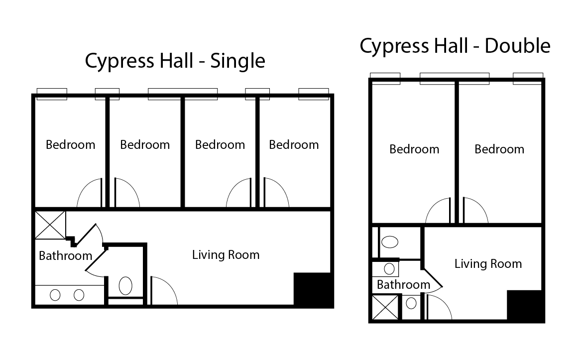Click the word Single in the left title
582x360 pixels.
(237, 61)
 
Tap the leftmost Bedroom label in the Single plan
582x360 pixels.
(70, 145)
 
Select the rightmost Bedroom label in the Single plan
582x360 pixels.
(294, 145)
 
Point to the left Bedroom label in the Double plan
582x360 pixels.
(414, 149)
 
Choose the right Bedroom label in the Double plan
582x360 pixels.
(499, 149)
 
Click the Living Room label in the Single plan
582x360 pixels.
(226, 255)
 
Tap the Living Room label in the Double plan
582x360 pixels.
(488, 264)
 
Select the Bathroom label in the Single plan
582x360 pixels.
(65, 256)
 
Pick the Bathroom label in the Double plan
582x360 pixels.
(403, 285)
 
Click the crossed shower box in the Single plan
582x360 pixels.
(50, 225)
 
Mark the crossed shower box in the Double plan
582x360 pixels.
(385, 307)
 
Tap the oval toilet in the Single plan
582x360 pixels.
(125, 286)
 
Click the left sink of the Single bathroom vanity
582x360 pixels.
(55, 295)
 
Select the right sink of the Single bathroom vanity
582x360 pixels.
(79, 295)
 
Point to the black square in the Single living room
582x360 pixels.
(313, 289)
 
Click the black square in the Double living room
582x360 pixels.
(525, 306)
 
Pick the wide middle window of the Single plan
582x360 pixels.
(183, 94)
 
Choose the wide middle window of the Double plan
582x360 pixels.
(454, 79)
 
